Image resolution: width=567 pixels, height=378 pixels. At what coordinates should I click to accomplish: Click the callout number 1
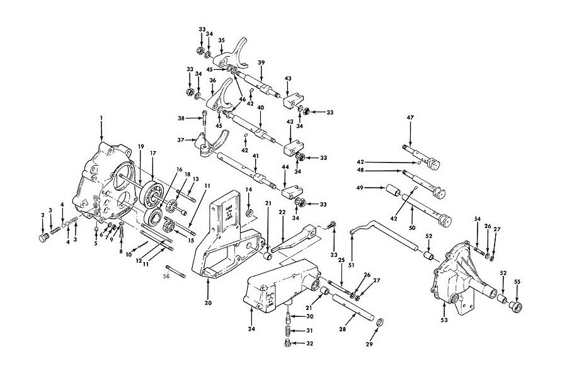101,118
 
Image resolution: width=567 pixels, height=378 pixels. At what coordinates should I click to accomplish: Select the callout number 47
410,118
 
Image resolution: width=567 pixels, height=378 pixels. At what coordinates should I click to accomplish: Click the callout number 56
166,275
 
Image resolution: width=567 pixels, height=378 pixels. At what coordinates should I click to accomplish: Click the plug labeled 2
44,238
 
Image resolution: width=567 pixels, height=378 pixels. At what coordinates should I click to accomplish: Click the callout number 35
221,41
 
